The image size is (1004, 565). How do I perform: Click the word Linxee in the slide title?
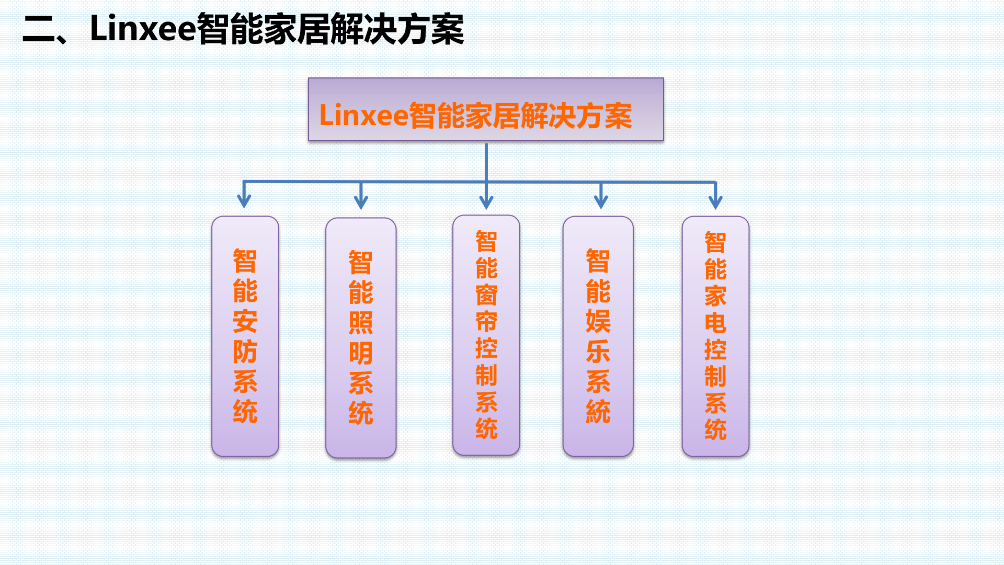click(142, 28)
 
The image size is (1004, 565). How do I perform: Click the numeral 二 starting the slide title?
click(39, 29)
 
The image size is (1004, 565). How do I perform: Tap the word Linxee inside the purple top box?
click(363, 115)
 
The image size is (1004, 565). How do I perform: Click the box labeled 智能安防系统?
click(245, 336)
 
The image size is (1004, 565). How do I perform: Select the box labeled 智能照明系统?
click(361, 337)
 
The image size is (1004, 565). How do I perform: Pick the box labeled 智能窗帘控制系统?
click(486, 335)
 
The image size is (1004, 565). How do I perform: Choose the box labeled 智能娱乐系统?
click(598, 336)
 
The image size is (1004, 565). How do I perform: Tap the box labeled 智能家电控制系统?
click(715, 336)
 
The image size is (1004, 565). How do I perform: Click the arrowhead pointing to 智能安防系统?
click(244, 201)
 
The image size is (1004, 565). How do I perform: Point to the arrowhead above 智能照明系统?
click(361, 202)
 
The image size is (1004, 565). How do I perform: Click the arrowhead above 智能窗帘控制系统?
click(486, 202)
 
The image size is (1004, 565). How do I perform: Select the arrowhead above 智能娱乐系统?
click(601, 201)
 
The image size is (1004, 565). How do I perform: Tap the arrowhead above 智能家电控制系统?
click(715, 202)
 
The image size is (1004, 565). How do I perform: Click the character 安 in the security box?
click(245, 321)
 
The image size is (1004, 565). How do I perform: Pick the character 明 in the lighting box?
click(361, 353)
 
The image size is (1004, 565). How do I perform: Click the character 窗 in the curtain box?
click(486, 295)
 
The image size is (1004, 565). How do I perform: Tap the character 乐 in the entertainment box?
click(598, 351)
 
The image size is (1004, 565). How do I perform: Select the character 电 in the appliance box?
click(715, 323)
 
